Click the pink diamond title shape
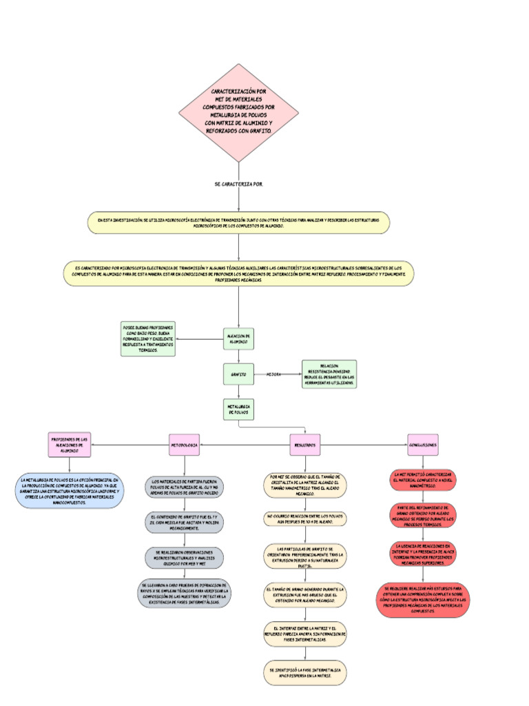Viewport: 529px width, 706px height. pos(238,112)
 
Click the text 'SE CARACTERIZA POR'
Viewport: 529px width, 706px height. pos(238,184)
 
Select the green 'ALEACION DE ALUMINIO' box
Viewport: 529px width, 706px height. pos(238,338)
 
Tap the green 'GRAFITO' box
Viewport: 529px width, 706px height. pos(238,374)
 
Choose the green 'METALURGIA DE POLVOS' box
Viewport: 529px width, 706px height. pos(238,410)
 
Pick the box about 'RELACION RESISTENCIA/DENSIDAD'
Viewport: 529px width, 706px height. pos(329,374)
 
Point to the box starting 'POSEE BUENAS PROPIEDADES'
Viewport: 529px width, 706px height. pos(147,339)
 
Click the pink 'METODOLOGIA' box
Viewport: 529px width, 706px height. pos(184,445)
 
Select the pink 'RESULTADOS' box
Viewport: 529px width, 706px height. pos(305,445)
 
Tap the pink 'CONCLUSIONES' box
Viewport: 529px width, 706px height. pos(423,445)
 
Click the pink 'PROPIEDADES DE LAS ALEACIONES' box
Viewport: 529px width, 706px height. pos(70,445)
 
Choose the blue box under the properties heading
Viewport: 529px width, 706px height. pos(70,491)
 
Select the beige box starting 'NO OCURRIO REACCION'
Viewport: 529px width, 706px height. pos(305,519)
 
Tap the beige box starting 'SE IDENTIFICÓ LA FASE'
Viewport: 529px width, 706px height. pos(305,673)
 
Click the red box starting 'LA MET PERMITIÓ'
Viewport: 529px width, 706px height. pos(423,481)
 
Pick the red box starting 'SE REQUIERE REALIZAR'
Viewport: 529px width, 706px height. pos(423,601)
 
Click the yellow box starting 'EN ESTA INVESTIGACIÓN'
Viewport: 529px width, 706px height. pos(238,222)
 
